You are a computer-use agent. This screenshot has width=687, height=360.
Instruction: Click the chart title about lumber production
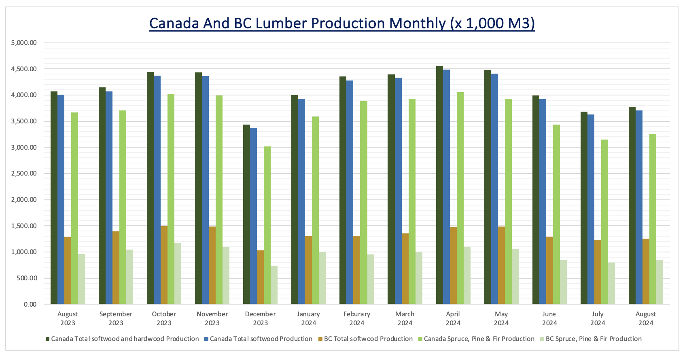[342, 23]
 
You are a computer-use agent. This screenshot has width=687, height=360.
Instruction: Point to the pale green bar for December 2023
[274, 285]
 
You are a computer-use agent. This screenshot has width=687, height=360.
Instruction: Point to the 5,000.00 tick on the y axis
[25, 43]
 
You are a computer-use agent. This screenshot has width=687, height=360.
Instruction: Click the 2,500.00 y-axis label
[25, 174]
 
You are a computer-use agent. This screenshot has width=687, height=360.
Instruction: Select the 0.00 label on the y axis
[30, 304]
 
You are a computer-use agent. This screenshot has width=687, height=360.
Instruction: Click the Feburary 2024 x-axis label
[356, 318]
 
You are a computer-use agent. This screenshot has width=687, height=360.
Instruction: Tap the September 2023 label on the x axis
[116, 318]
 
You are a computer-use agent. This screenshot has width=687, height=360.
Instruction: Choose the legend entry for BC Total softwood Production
[368, 339]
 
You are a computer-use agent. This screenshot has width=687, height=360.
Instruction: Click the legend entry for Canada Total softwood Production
[261, 339]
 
